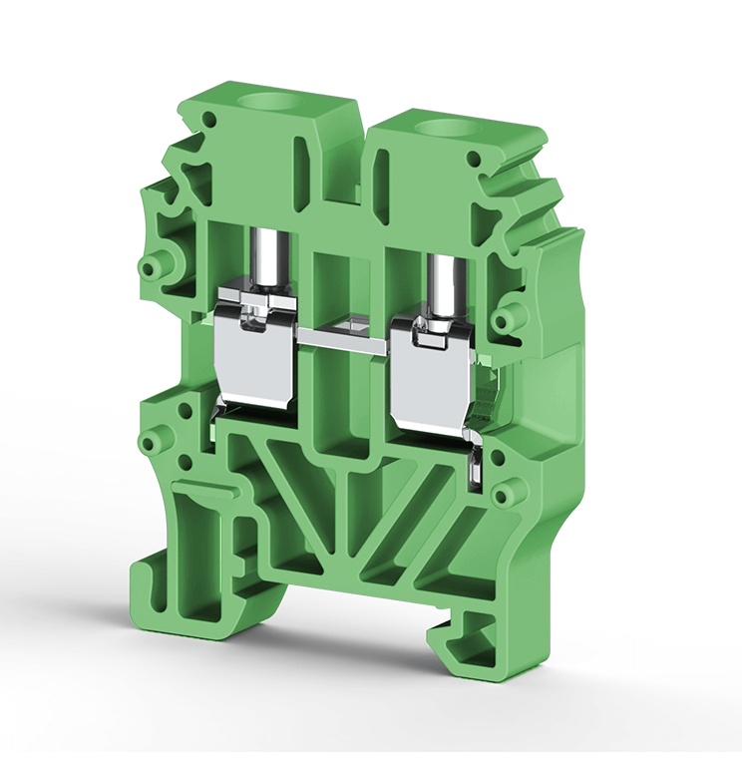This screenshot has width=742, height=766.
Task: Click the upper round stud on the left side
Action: click(153, 266)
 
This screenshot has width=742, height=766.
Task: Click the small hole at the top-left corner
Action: click(208, 121)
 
